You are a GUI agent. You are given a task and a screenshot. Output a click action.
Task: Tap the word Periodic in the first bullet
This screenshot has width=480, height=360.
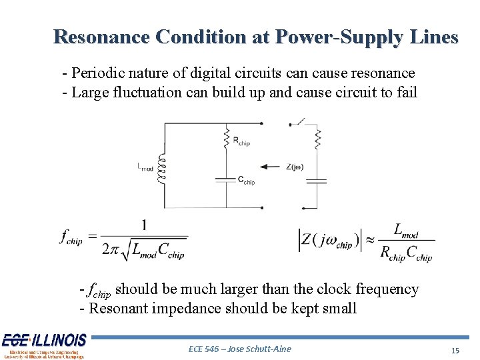[99, 73]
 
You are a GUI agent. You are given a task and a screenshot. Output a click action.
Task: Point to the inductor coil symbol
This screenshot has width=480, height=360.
[160, 165]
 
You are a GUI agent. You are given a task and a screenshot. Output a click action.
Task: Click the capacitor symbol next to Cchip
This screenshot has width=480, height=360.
[227, 178]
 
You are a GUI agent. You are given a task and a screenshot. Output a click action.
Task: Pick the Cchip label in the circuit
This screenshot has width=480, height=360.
[247, 181]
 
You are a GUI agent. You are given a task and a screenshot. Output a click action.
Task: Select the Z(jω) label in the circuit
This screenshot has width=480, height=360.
[294, 167]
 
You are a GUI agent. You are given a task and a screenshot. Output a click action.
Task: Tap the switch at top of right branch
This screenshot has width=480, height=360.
[300, 123]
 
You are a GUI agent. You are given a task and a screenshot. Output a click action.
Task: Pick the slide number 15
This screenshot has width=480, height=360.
[456, 350]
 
